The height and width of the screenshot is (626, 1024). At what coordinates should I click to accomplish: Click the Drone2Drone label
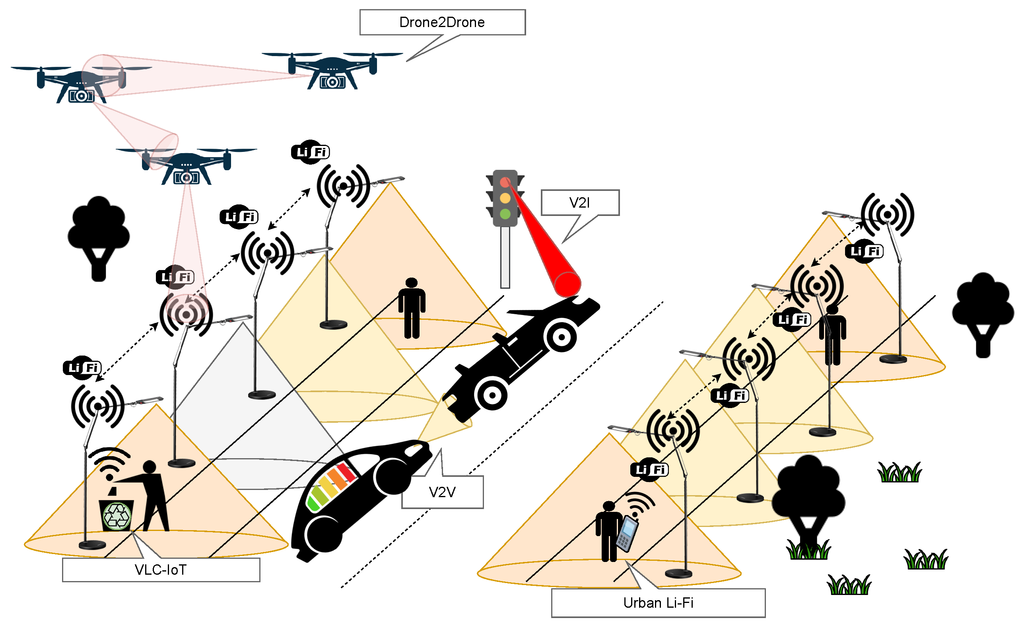(x=442, y=22)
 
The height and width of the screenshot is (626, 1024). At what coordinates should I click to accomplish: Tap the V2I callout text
(x=579, y=203)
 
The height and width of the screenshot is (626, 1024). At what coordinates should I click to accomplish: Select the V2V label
(x=442, y=492)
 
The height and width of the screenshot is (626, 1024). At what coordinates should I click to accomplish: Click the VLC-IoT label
(x=161, y=570)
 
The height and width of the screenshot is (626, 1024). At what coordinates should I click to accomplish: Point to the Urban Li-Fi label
(x=658, y=603)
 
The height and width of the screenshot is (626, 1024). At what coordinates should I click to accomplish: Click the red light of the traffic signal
(x=505, y=182)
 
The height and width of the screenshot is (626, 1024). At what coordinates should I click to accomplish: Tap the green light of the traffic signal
(x=505, y=214)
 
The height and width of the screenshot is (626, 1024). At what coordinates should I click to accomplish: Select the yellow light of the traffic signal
(x=505, y=198)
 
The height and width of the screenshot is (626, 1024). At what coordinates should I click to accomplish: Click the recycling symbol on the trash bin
(x=117, y=516)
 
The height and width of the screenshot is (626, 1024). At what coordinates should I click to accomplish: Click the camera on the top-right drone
(x=332, y=82)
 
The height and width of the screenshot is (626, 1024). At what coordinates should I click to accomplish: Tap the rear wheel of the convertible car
(x=492, y=395)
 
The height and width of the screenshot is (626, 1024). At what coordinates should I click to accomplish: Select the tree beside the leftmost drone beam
(x=99, y=237)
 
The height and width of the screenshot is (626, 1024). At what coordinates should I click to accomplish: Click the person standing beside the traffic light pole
(x=412, y=307)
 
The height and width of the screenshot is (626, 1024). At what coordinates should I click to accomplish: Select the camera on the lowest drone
(x=186, y=178)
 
